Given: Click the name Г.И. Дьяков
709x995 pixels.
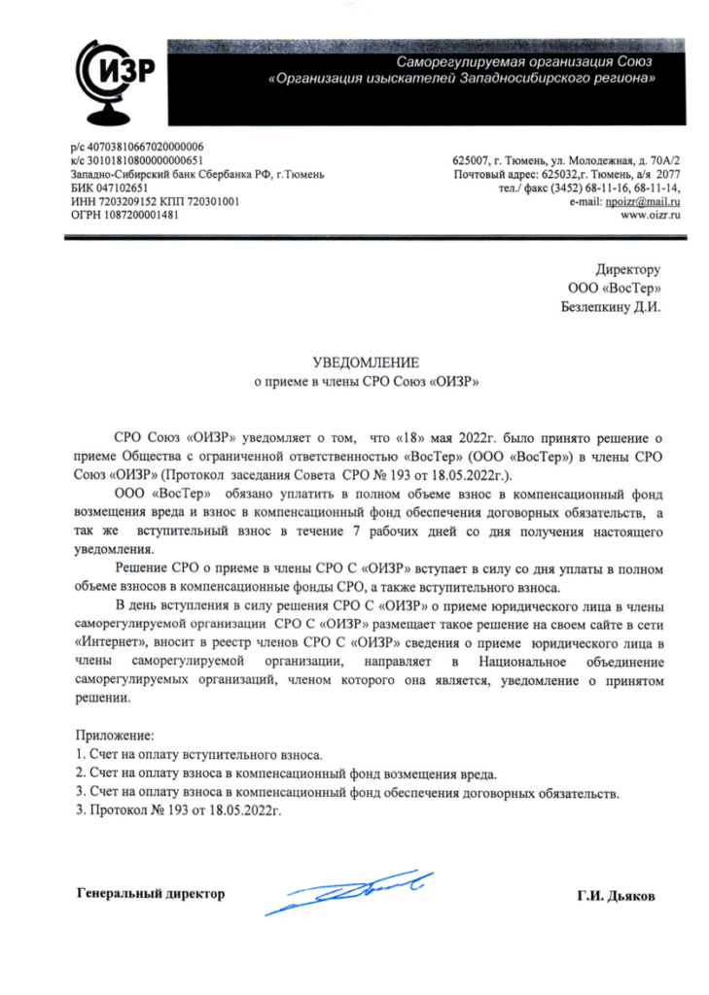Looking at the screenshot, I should tap(615, 896).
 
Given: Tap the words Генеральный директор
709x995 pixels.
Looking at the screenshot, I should tap(150, 892).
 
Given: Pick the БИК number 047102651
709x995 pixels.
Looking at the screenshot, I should tap(122, 188).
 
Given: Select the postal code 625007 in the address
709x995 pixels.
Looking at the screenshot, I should tap(471, 160).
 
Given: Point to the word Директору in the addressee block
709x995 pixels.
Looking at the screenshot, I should tap(627, 269).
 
